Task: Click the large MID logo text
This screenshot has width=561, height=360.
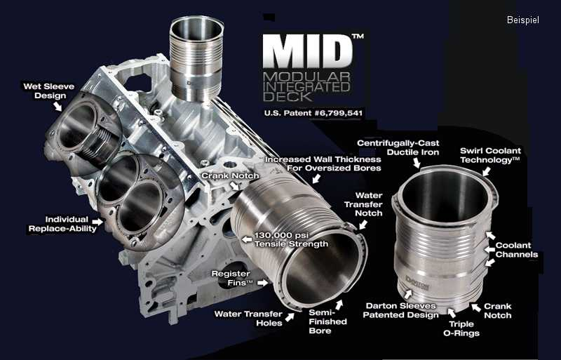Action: (x=308, y=51)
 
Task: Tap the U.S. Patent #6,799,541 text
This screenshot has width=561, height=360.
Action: (x=313, y=113)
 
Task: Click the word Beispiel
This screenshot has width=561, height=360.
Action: (x=522, y=20)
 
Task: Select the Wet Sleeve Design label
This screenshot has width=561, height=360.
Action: (x=49, y=91)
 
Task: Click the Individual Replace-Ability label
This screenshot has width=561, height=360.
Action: (x=62, y=224)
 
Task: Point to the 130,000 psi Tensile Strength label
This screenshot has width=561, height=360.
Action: (x=291, y=239)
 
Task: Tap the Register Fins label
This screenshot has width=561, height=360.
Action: (x=232, y=278)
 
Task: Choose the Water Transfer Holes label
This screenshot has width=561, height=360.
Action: (x=248, y=319)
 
